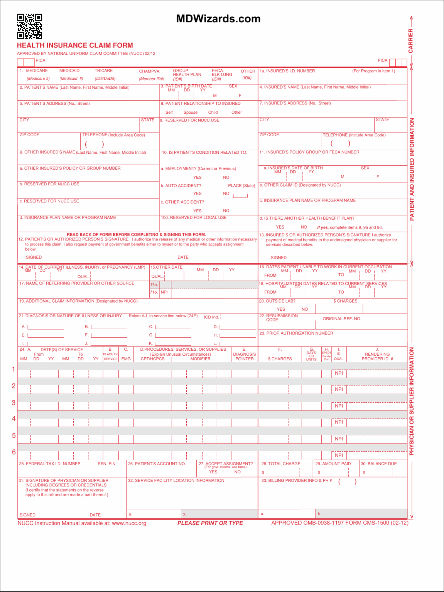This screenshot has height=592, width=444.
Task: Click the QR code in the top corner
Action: tap(29, 27)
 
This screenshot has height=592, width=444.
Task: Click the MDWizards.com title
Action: tap(218, 19)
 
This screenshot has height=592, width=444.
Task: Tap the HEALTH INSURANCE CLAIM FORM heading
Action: tap(75, 45)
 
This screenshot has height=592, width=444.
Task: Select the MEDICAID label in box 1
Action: tap(69, 71)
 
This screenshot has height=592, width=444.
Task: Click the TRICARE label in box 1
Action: tap(104, 71)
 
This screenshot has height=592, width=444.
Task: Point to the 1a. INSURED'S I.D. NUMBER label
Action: tap(287, 71)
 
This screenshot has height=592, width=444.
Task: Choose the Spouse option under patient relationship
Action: tap(190, 113)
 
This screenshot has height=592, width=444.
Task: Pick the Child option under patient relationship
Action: tap(213, 113)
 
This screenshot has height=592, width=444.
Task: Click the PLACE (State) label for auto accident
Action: tap(241, 186)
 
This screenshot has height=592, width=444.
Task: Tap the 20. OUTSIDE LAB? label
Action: tap(277, 301)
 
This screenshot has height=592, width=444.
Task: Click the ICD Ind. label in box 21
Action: tap(211, 317)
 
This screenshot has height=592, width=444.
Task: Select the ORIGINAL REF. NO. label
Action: tap(342, 319)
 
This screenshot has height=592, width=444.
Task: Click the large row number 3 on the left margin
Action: tap(14, 403)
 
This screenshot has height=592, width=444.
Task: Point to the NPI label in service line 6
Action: tap(339, 455)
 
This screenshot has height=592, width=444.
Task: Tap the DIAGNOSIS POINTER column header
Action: tap(245, 357)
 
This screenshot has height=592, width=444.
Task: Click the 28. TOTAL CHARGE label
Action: tap(281, 464)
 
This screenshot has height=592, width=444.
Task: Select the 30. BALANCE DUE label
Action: tap(378, 464)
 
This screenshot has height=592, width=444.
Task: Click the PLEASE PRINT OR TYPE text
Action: tap(210, 523)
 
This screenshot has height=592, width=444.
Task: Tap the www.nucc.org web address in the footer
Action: tap(129, 523)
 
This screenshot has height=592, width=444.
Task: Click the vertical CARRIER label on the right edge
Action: tap(411, 41)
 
